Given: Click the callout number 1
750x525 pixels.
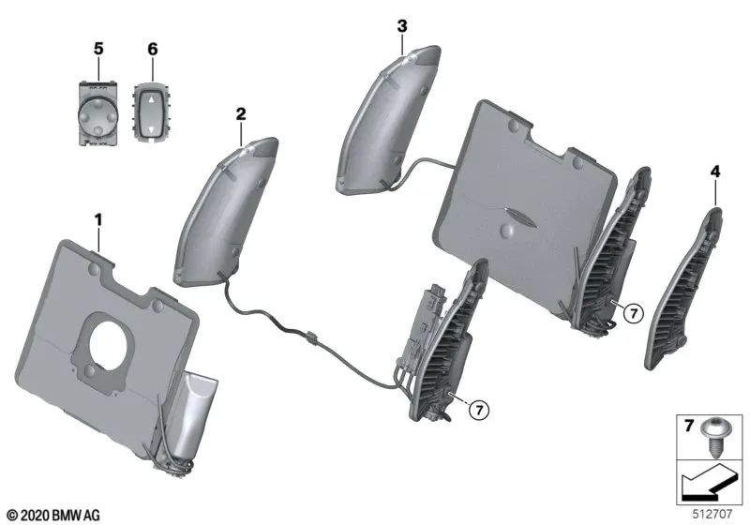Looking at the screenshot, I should (97, 220).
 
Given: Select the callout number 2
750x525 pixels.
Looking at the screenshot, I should (241, 113).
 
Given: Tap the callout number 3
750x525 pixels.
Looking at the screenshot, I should (401, 25).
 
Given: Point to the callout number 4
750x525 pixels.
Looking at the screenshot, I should (715, 172).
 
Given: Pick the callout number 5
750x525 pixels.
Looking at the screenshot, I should (97, 48).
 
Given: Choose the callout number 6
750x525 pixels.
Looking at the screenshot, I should (152, 48).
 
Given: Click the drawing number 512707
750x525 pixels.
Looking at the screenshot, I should (715, 513).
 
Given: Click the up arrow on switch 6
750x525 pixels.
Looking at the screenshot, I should (151, 97).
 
